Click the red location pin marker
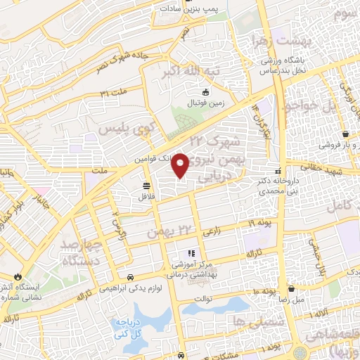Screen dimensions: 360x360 click(181, 165)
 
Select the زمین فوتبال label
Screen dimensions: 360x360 click(204, 103)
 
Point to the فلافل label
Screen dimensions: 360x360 click(146, 196)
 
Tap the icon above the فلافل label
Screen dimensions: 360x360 click(146, 186)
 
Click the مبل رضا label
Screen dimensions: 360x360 click(290, 300)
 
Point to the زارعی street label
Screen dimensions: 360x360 click(211, 231)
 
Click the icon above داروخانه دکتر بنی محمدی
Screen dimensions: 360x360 click(278, 171)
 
